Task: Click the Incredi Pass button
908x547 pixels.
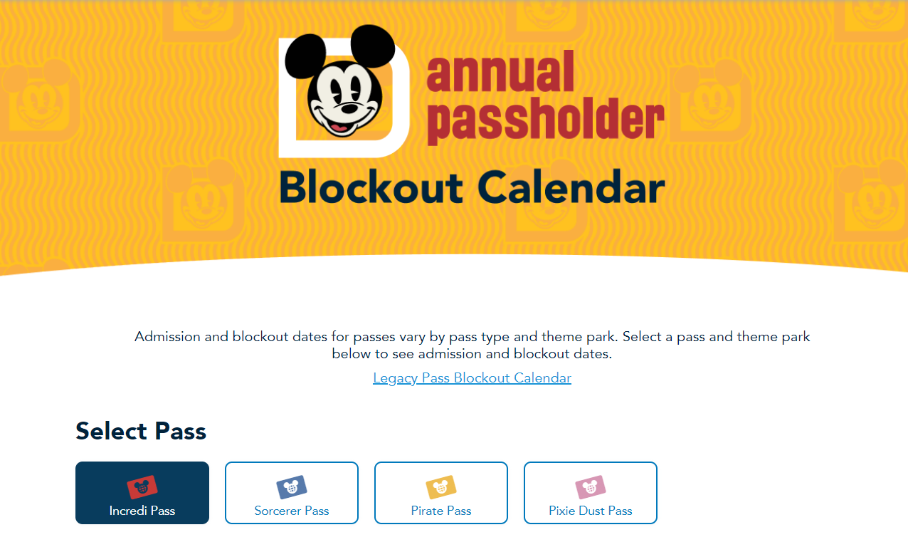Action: click(x=142, y=493)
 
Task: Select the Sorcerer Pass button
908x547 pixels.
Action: click(x=292, y=493)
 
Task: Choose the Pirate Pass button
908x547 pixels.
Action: click(x=441, y=493)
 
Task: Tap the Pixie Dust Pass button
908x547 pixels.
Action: click(x=591, y=493)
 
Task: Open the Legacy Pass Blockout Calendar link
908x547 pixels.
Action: click(x=472, y=378)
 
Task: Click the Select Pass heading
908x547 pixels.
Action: click(x=141, y=431)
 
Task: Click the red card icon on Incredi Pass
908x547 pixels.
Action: click(x=142, y=487)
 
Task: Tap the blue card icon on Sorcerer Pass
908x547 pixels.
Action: click(x=292, y=487)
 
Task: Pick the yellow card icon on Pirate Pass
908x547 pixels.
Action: click(x=441, y=487)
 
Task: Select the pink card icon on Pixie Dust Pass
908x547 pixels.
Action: click(x=591, y=487)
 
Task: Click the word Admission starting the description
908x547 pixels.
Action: click(x=168, y=336)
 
